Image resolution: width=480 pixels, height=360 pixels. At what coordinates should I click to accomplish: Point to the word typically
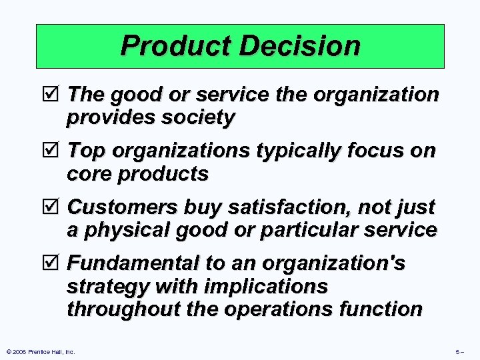tap(288, 151)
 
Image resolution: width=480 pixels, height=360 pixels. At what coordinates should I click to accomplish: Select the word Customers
tap(115, 207)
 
